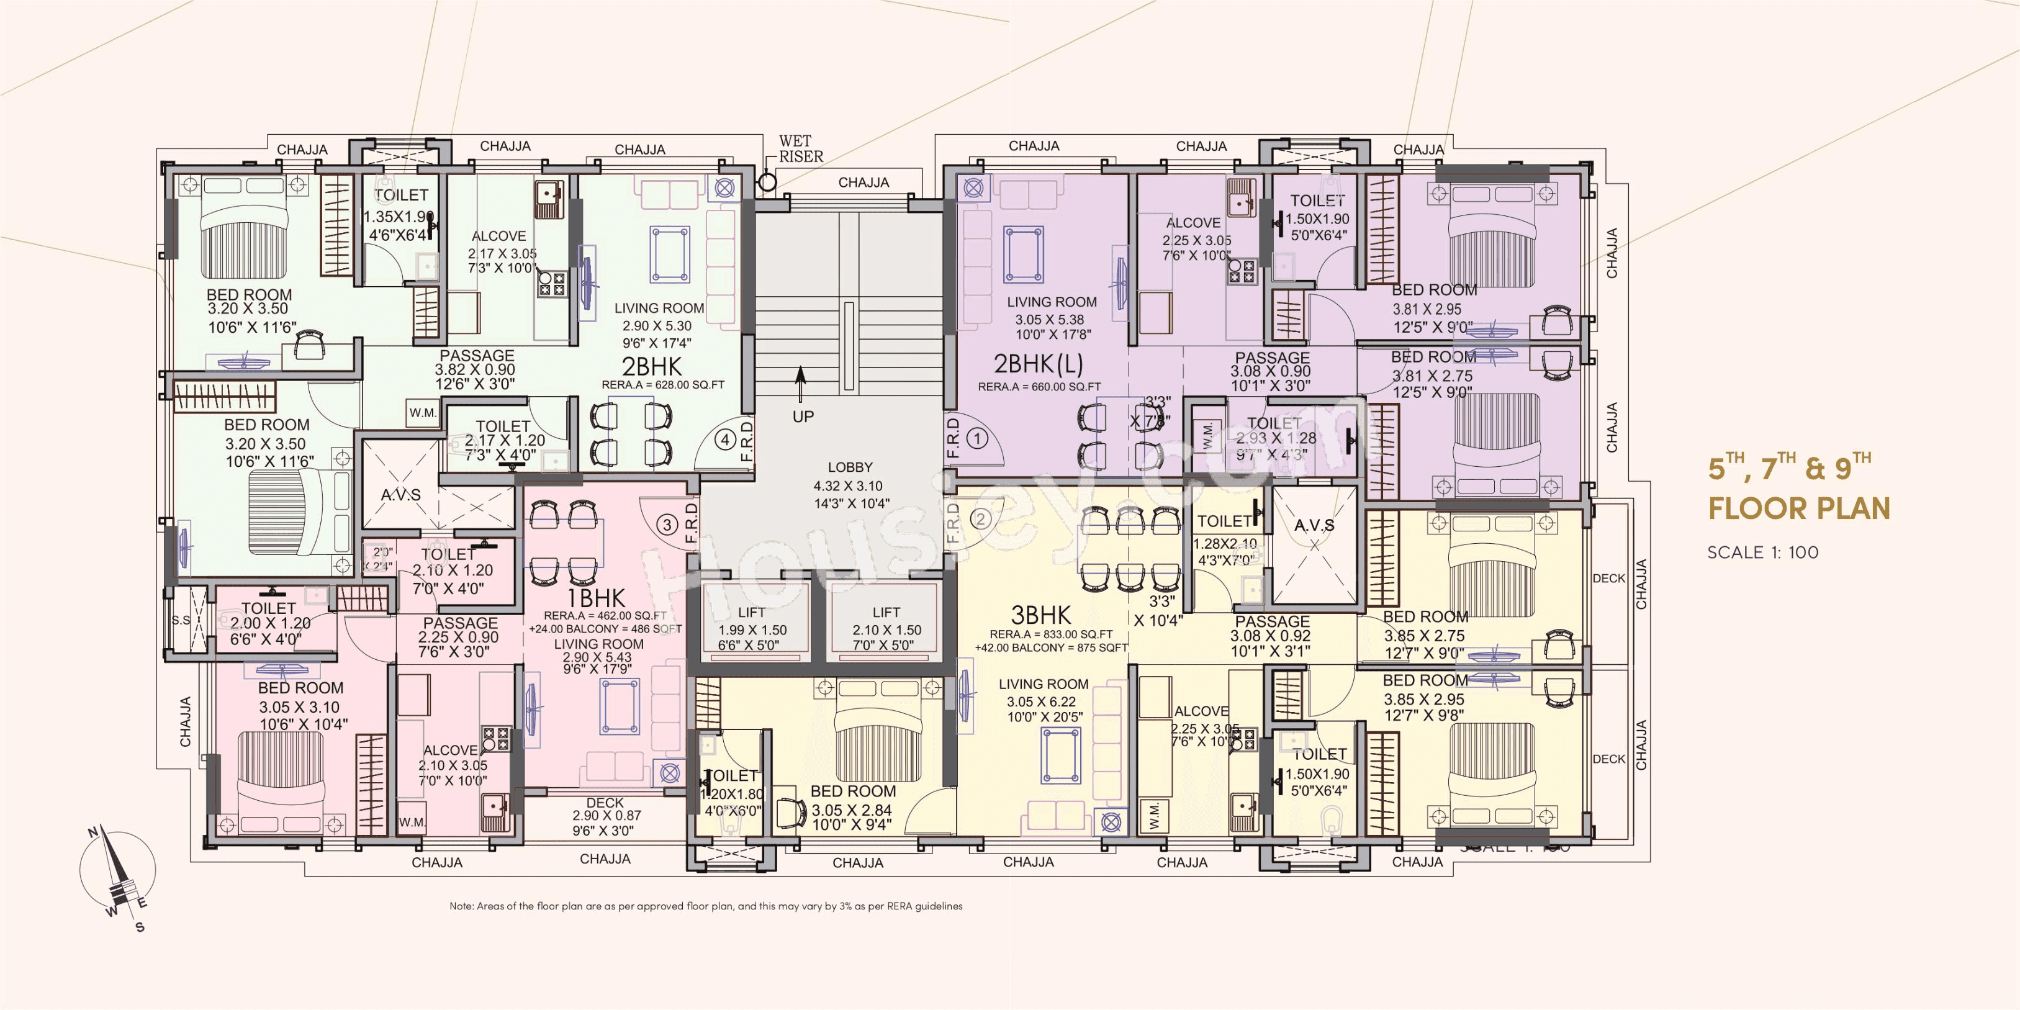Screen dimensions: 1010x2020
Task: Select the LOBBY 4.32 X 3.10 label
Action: [850, 485]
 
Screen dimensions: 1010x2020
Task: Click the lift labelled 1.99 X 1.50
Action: [751, 628]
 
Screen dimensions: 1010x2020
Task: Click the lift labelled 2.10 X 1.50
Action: [886, 628]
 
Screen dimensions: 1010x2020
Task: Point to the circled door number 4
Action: [725, 440]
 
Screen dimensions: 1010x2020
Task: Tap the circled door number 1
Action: [977, 438]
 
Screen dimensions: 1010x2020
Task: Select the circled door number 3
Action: [667, 525]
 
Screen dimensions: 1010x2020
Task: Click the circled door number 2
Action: [980, 518]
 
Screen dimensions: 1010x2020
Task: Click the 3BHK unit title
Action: [1040, 616]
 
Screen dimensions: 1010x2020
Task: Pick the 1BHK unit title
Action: [596, 599]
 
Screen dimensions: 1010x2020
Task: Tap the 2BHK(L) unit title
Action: [1038, 364]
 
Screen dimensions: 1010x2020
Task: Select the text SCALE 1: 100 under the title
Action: [1763, 552]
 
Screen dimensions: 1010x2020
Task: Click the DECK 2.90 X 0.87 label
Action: [605, 816]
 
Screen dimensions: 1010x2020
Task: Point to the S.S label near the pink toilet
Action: [181, 620]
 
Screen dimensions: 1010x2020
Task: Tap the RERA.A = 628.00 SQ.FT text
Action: [662, 385]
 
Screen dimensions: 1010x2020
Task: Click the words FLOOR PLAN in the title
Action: [1799, 508]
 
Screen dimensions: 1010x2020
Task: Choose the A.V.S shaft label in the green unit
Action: [400, 495]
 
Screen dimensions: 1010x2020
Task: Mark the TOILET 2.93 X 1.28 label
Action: [1274, 438]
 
